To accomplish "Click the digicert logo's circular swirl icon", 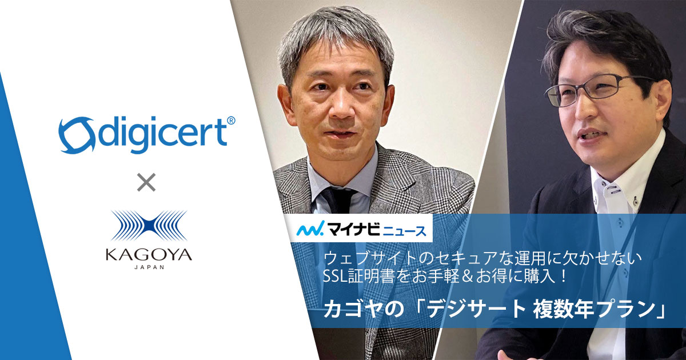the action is pos(76,135).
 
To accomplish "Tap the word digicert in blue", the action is pos(162,135).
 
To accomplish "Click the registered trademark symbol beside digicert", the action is pos(231,121).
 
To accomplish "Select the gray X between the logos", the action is pos(146,182).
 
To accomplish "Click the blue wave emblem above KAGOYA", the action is pos(149,226).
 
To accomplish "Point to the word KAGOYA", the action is pos(149,254).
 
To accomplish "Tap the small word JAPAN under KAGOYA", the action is pos(149,267).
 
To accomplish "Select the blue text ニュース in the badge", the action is pos(405,230).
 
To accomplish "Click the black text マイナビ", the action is pos(353,229).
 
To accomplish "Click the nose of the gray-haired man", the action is pos(342,108).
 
